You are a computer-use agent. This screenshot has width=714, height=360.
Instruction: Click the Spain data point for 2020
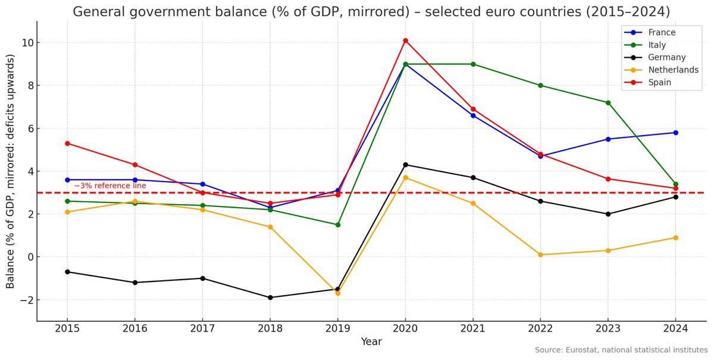[405, 40]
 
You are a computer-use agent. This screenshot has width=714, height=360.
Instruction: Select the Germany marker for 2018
[270, 298]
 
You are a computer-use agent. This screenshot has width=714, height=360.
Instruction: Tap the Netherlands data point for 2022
[540, 255]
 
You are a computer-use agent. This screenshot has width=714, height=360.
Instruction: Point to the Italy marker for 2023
[607, 102]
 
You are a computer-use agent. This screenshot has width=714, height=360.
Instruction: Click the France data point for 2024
[675, 133]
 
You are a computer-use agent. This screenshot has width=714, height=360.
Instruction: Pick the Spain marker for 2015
[67, 143]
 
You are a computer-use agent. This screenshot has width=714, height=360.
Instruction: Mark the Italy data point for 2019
[338, 225]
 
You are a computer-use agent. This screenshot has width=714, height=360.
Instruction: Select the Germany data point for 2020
[405, 165]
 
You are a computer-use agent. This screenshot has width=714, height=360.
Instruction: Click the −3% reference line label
[110, 186]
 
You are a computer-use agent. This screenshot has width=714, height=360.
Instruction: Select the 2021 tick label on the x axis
[473, 329]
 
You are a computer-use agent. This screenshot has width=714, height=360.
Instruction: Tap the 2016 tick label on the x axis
[135, 329]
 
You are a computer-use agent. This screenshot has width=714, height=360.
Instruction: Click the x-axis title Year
[371, 342]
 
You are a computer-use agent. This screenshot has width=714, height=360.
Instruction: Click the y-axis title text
[11, 171]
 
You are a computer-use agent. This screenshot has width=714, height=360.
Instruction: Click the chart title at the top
[371, 11]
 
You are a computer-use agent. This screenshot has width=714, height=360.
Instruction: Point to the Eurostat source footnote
[621, 350]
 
